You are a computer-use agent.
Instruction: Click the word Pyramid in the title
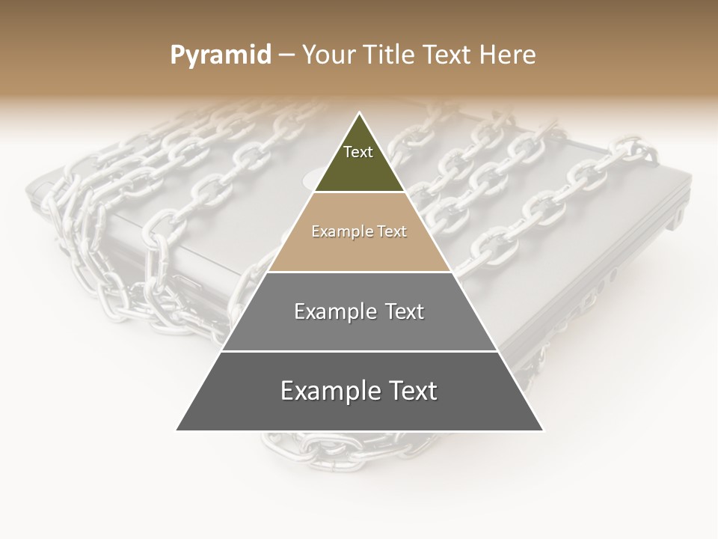click(220, 55)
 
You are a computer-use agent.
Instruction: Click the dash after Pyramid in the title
click(286, 55)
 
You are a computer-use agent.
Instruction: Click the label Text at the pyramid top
click(358, 152)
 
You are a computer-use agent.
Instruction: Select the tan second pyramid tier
click(359, 247)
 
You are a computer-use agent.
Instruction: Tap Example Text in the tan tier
click(359, 231)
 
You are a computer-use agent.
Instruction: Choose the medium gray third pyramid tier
click(359, 329)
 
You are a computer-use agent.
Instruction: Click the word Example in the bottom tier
click(328, 391)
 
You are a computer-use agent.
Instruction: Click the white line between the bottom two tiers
click(359, 351)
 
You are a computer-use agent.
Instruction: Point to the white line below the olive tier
click(359, 192)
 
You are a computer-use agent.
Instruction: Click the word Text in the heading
click(447, 55)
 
